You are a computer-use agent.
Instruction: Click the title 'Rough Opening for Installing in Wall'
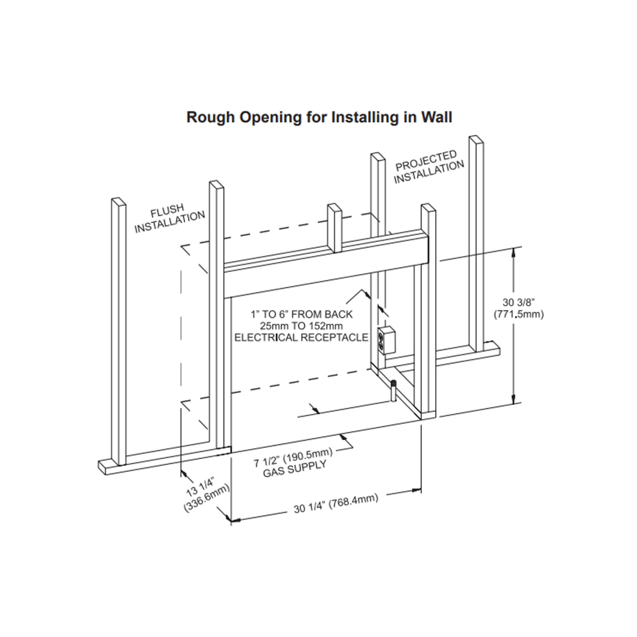pos(319,117)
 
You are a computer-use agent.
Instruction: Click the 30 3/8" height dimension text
pos(518,302)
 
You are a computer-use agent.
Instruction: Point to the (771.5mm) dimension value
pos(519,315)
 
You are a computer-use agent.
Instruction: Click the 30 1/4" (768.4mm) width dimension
pos(335,503)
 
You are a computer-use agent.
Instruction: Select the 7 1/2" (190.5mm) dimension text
pos(293,459)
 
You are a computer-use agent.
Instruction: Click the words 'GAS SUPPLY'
pos(295,470)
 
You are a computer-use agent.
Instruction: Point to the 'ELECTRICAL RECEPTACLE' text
pos(302,338)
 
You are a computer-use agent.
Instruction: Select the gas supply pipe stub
pos(394,391)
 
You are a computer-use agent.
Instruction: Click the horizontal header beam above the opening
pos(325,272)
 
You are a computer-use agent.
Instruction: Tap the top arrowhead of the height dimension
pos(514,252)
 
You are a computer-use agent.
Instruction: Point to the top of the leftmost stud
pos(118,202)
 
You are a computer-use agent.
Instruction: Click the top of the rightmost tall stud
pos(476,140)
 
